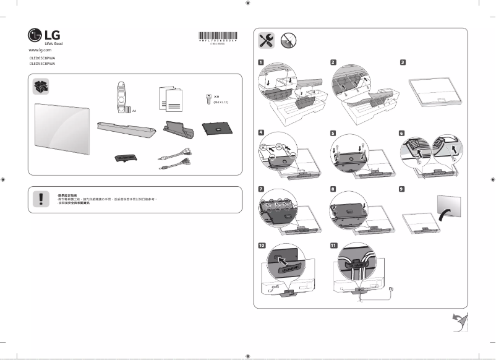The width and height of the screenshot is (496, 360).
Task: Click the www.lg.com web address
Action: [x=40, y=49]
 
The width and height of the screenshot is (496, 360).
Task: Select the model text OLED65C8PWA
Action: [x=42, y=58]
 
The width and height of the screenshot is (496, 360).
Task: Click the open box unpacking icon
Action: [x=41, y=87]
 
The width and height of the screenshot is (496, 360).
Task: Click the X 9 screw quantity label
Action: [x=217, y=97]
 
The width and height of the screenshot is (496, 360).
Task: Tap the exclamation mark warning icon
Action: [x=40, y=199]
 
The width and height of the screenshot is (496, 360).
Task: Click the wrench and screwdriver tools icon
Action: [x=266, y=40]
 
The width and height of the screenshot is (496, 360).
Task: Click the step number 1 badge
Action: [x=262, y=62]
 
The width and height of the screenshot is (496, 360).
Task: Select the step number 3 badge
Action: [x=403, y=62]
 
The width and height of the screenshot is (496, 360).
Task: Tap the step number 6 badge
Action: [x=403, y=132]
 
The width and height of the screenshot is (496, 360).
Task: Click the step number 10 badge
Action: [x=262, y=245]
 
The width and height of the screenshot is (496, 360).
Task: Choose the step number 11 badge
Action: [x=333, y=245]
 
